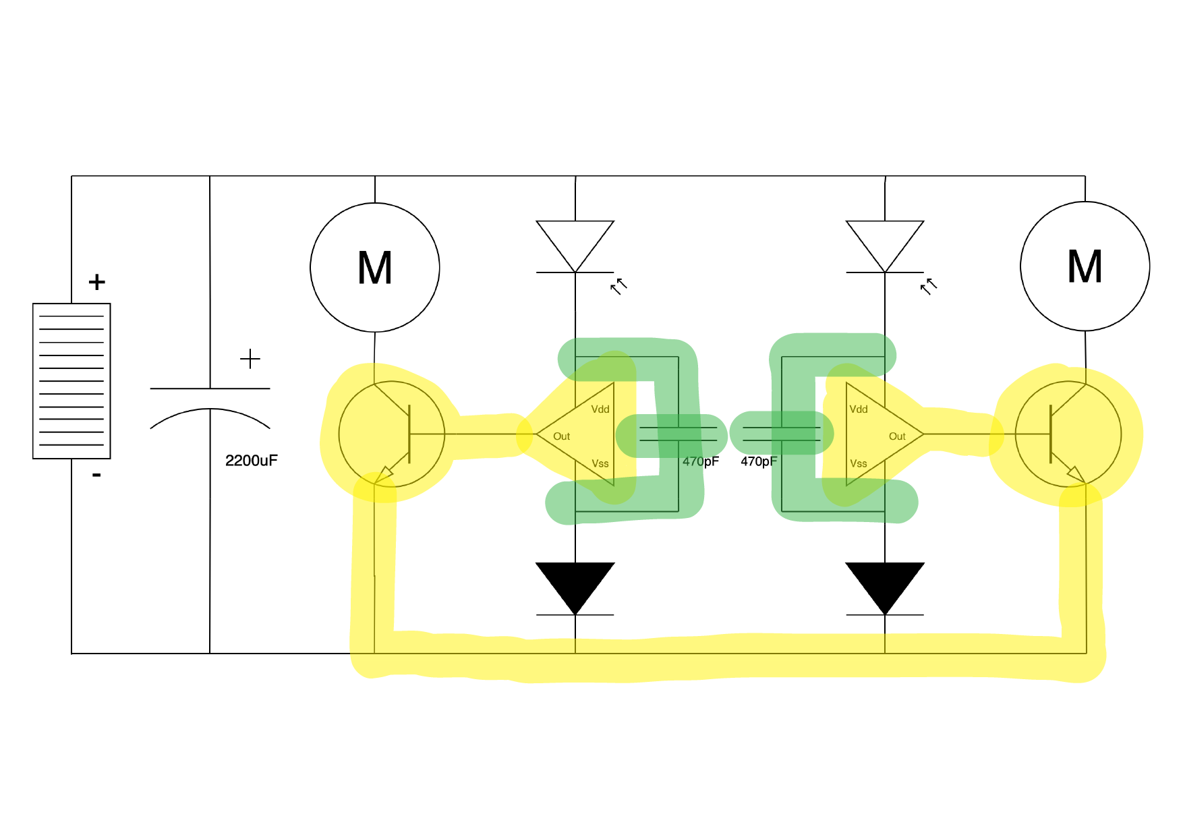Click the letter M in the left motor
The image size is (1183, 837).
tap(375, 268)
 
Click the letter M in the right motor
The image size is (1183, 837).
tap(1085, 266)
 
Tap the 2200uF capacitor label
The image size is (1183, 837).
tap(251, 461)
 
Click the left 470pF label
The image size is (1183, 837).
tap(700, 461)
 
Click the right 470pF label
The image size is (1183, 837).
tap(759, 461)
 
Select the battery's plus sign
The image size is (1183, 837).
tap(97, 282)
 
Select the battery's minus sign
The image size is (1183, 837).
tap(96, 475)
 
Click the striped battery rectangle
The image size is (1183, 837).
tap(71, 381)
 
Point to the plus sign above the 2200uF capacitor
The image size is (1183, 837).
tap(250, 359)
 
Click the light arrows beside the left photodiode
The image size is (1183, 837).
tap(618, 286)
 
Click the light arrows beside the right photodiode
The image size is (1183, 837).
tap(929, 286)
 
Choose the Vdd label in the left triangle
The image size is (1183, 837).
tap(600, 409)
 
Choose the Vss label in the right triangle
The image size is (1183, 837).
tap(858, 463)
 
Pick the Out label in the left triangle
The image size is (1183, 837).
tap(561, 436)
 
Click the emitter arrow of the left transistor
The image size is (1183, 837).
tap(384, 474)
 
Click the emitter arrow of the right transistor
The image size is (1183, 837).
tap(1075, 474)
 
